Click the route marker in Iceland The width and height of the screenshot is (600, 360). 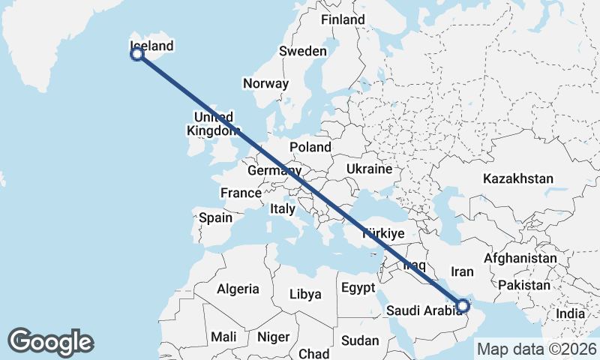137,54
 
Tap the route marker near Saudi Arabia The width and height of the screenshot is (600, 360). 463,305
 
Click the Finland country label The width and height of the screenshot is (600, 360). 342,20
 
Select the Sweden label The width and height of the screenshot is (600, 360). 302,52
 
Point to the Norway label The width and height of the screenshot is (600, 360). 265,83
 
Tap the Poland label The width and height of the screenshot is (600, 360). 310,147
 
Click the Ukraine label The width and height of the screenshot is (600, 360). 369,169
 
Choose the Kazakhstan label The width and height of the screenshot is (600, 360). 518,178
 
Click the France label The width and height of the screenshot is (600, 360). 240,193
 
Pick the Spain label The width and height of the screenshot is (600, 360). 215,218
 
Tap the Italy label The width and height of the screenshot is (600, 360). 283,209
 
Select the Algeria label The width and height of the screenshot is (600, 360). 238,289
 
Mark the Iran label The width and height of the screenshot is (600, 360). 462,271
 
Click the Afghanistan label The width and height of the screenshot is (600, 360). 520,259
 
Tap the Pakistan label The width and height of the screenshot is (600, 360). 523,285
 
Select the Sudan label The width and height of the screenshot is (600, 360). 360,340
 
